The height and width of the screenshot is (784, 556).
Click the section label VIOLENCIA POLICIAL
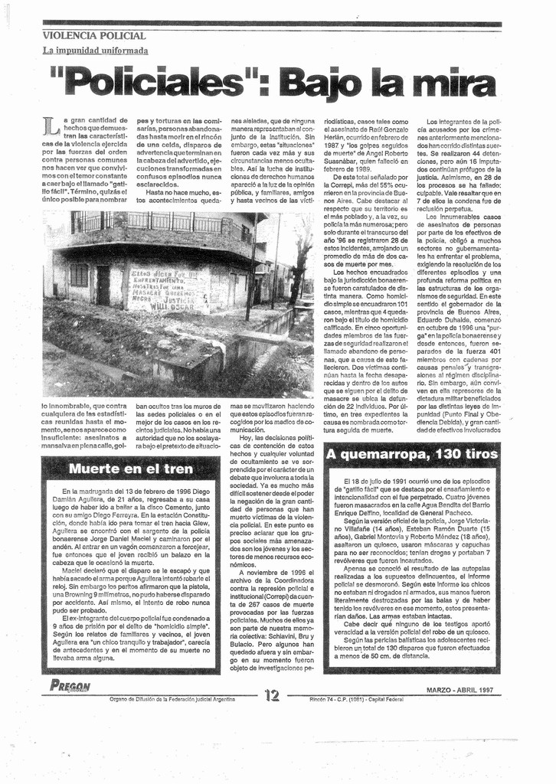click(93, 36)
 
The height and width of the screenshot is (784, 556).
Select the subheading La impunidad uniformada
click(95, 51)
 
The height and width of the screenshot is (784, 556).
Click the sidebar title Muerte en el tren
click(130, 469)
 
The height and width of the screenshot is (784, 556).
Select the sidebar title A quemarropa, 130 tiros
click(411, 454)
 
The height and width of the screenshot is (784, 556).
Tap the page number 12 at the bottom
click(273, 694)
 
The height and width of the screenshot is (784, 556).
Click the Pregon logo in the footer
click(70, 686)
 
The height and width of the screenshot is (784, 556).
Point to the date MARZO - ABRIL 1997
click(460, 690)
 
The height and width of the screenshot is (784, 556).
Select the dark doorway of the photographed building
click(103, 285)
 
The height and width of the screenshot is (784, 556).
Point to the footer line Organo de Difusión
click(172, 699)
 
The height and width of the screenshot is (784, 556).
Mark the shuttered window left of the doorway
click(79, 276)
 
